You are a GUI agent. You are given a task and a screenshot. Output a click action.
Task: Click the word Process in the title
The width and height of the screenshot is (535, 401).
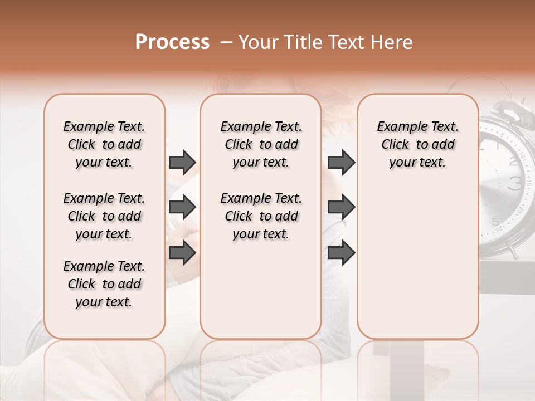(x=172, y=42)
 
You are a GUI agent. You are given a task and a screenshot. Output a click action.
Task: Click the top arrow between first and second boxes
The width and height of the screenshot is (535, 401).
(x=182, y=163)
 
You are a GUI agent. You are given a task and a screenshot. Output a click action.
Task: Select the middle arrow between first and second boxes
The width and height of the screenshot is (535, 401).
(x=182, y=207)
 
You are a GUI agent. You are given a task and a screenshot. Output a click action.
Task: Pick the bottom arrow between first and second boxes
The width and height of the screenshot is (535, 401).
(x=182, y=252)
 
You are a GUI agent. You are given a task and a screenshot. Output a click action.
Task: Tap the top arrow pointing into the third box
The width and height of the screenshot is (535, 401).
(x=341, y=163)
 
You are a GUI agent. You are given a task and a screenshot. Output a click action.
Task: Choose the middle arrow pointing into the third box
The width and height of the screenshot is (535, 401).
(x=341, y=207)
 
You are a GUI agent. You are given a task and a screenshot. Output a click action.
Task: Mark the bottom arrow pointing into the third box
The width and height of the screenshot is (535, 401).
(x=341, y=252)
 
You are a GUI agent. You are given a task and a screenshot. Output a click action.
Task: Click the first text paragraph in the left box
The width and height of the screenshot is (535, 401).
(x=104, y=144)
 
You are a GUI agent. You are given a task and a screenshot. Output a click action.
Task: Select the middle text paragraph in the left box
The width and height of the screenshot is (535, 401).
(x=104, y=216)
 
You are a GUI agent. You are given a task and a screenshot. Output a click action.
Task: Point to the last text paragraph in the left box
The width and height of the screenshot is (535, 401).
(x=104, y=284)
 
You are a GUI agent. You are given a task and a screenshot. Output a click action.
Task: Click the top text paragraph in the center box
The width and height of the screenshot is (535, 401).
(x=261, y=144)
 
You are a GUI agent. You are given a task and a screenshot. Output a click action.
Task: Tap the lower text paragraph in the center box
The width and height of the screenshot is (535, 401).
(x=261, y=216)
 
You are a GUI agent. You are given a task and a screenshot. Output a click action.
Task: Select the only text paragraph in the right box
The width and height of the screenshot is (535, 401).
(x=417, y=144)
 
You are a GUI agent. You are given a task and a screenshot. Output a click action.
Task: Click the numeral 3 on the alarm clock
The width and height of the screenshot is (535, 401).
(x=515, y=183)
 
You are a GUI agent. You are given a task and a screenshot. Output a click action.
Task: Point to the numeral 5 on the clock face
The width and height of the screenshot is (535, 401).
(x=495, y=222)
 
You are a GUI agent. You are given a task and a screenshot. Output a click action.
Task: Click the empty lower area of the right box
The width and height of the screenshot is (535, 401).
(x=417, y=262)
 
